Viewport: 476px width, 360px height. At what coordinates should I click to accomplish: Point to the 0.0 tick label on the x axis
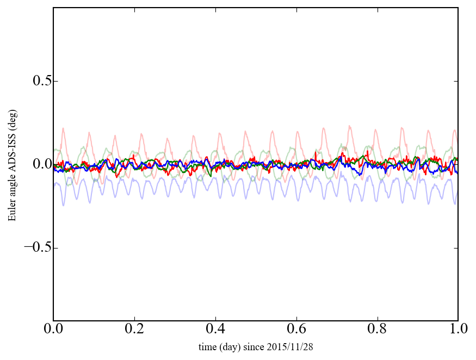[x=53, y=330]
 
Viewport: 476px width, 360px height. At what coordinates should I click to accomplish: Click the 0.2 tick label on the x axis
[x=134, y=330]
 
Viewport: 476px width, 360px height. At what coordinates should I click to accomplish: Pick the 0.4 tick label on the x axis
[x=215, y=330]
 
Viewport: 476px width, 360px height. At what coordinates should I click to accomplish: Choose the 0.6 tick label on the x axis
[x=296, y=330]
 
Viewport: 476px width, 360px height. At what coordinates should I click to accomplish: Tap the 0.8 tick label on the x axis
[x=378, y=330]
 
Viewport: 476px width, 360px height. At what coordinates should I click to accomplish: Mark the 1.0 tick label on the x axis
[x=458, y=330]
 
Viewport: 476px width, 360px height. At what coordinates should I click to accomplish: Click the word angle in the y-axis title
[x=12, y=188]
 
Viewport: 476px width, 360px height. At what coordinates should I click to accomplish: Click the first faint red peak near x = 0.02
[x=63, y=128]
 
